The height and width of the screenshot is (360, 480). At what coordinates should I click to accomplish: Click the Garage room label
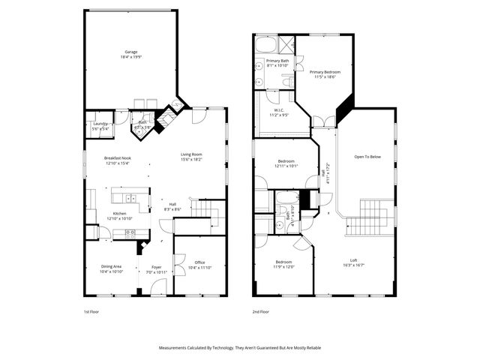[x=131, y=54]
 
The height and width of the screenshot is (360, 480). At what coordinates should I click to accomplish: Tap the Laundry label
[x=100, y=127]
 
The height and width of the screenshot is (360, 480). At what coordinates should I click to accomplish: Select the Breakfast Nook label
[x=117, y=160]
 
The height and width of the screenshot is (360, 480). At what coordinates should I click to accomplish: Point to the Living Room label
[x=191, y=157]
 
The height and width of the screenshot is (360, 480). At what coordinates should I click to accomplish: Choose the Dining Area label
[x=111, y=268]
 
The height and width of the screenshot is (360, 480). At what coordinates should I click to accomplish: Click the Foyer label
[x=157, y=268]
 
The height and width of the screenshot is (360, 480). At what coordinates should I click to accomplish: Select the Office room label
[x=199, y=265]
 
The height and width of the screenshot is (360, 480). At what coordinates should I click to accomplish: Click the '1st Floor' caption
[x=91, y=312]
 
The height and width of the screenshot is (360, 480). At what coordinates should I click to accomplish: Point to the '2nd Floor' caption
[x=262, y=312]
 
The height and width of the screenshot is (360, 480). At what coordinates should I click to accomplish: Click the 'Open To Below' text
[x=367, y=157]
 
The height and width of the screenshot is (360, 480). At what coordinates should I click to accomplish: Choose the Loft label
[x=352, y=262]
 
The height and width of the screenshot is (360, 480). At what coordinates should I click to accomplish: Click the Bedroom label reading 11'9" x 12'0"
[x=283, y=265]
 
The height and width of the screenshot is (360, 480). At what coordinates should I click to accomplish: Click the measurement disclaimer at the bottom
[x=239, y=348]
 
